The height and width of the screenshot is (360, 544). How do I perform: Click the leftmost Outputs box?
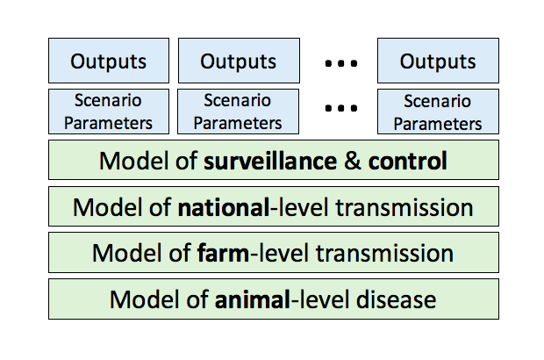click(x=108, y=61)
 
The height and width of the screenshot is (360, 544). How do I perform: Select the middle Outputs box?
click(x=238, y=61)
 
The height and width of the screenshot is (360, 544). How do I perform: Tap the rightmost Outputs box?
click(x=438, y=61)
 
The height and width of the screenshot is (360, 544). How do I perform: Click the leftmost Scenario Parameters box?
click(x=108, y=111)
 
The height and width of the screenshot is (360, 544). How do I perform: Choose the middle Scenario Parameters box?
click(x=238, y=111)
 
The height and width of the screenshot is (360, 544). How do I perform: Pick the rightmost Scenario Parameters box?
click(x=438, y=111)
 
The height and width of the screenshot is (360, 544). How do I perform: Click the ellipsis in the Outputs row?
click(x=338, y=62)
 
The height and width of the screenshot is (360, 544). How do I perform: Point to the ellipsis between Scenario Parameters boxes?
click(x=338, y=112)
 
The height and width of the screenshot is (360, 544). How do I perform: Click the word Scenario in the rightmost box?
click(x=438, y=102)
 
